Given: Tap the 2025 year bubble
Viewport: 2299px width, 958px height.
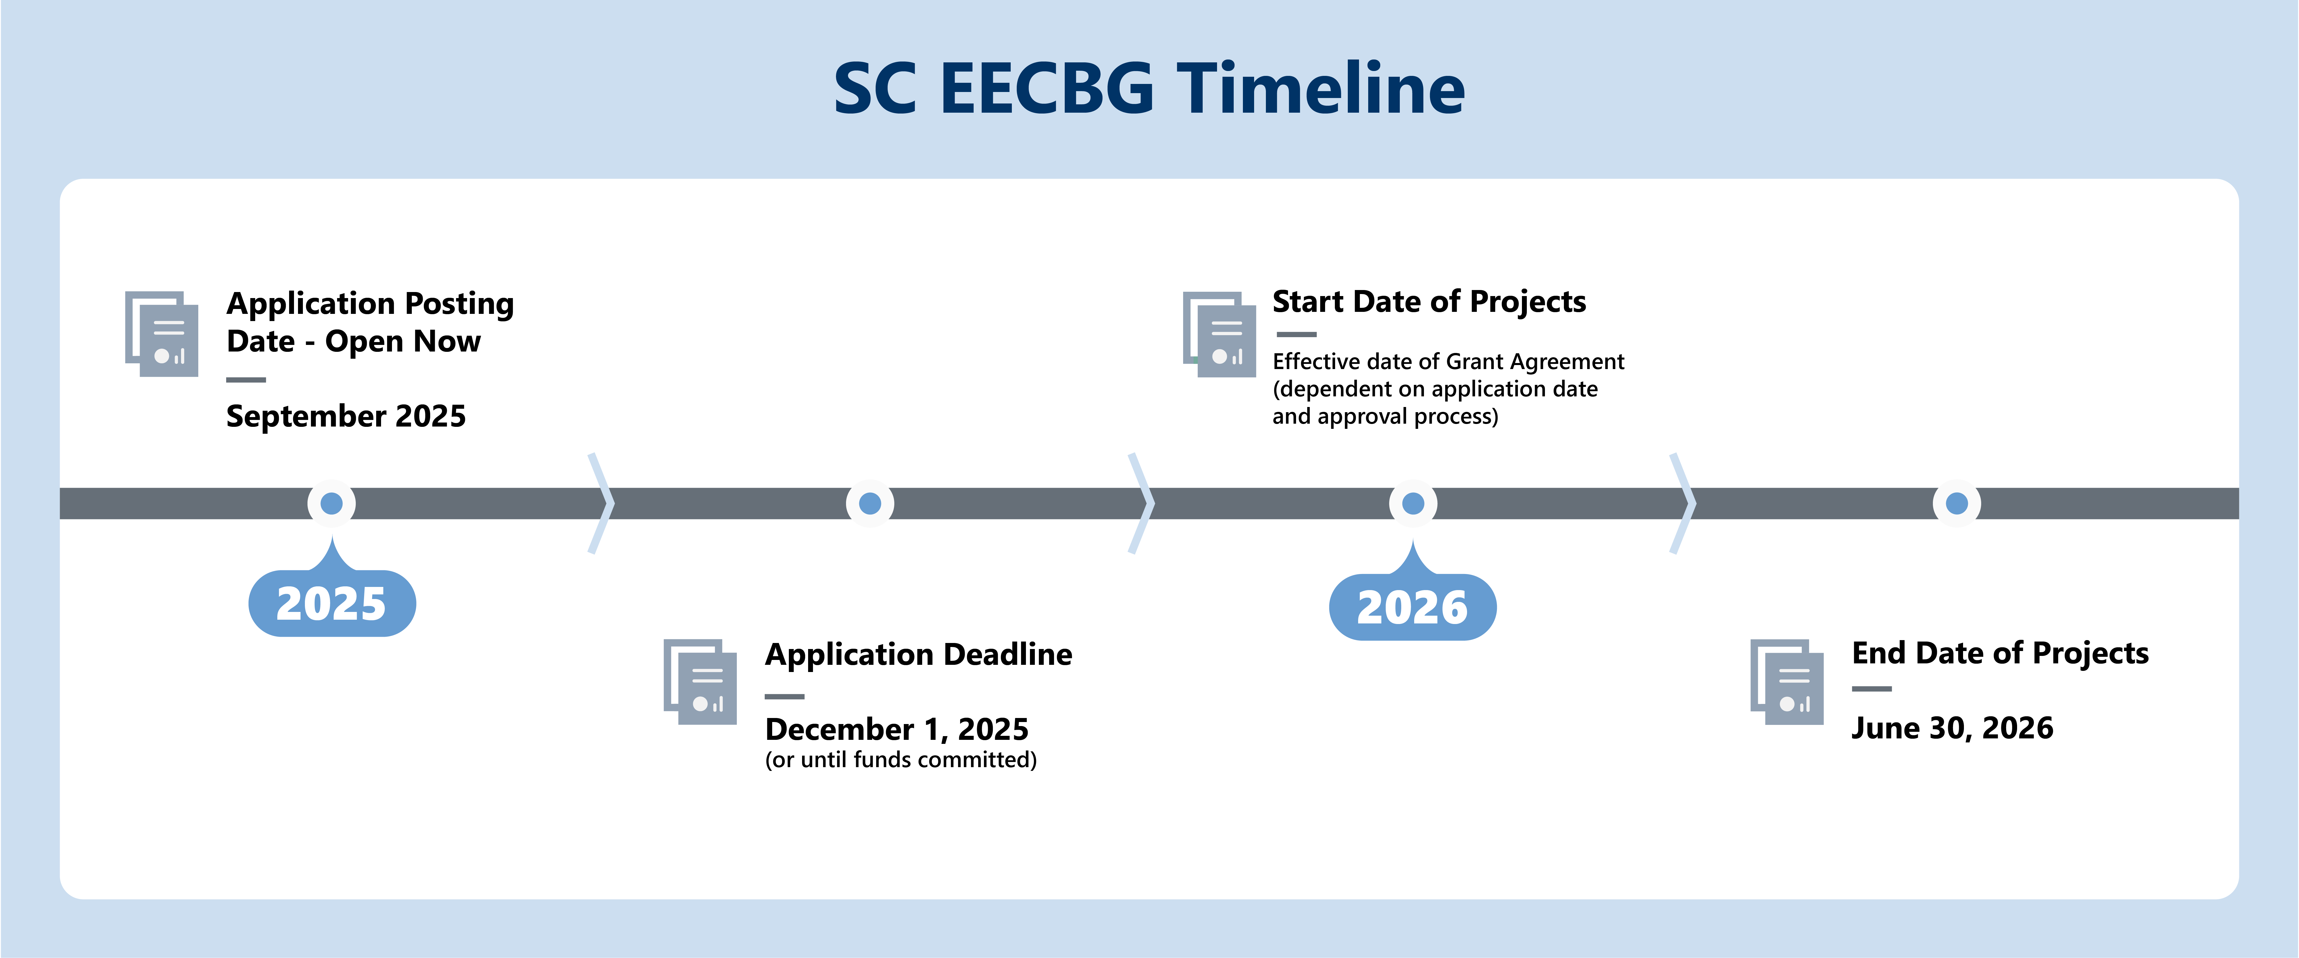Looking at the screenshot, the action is [x=332, y=603].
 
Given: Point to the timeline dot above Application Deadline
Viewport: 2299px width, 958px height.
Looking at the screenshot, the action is [x=870, y=504].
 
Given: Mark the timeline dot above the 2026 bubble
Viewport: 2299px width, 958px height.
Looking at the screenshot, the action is [x=1413, y=504].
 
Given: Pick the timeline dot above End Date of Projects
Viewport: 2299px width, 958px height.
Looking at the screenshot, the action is [x=1956, y=504].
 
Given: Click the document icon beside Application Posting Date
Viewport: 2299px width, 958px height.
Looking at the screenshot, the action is [x=162, y=334].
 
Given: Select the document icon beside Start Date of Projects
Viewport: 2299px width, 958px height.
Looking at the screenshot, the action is [x=1219, y=334].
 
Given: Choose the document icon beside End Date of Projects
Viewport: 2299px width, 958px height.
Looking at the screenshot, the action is [x=1787, y=681].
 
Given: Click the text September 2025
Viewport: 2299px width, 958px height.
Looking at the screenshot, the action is [x=346, y=416].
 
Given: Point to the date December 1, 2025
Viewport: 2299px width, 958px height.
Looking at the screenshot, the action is [x=897, y=729].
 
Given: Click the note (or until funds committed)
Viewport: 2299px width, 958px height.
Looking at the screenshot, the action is [x=901, y=760].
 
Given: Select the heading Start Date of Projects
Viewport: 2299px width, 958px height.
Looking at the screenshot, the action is [x=1429, y=302].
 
